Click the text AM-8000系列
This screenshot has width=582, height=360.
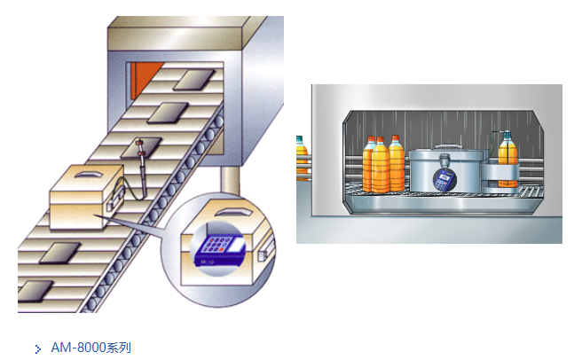pyautogui.click(x=90, y=348)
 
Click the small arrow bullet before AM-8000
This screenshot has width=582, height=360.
pyautogui.click(x=38, y=348)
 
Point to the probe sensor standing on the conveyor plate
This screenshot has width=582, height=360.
pyautogui.click(x=141, y=167)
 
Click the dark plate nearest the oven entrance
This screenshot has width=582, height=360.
pyautogui.click(x=194, y=80)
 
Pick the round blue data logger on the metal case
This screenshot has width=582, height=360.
pyautogui.click(x=444, y=179)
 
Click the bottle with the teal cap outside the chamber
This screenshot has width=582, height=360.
pyautogui.click(x=302, y=157)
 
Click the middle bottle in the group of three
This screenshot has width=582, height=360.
pyautogui.click(x=380, y=165)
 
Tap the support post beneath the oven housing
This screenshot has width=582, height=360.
pyautogui.click(x=230, y=180)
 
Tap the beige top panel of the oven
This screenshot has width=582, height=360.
pyautogui.click(x=175, y=33)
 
